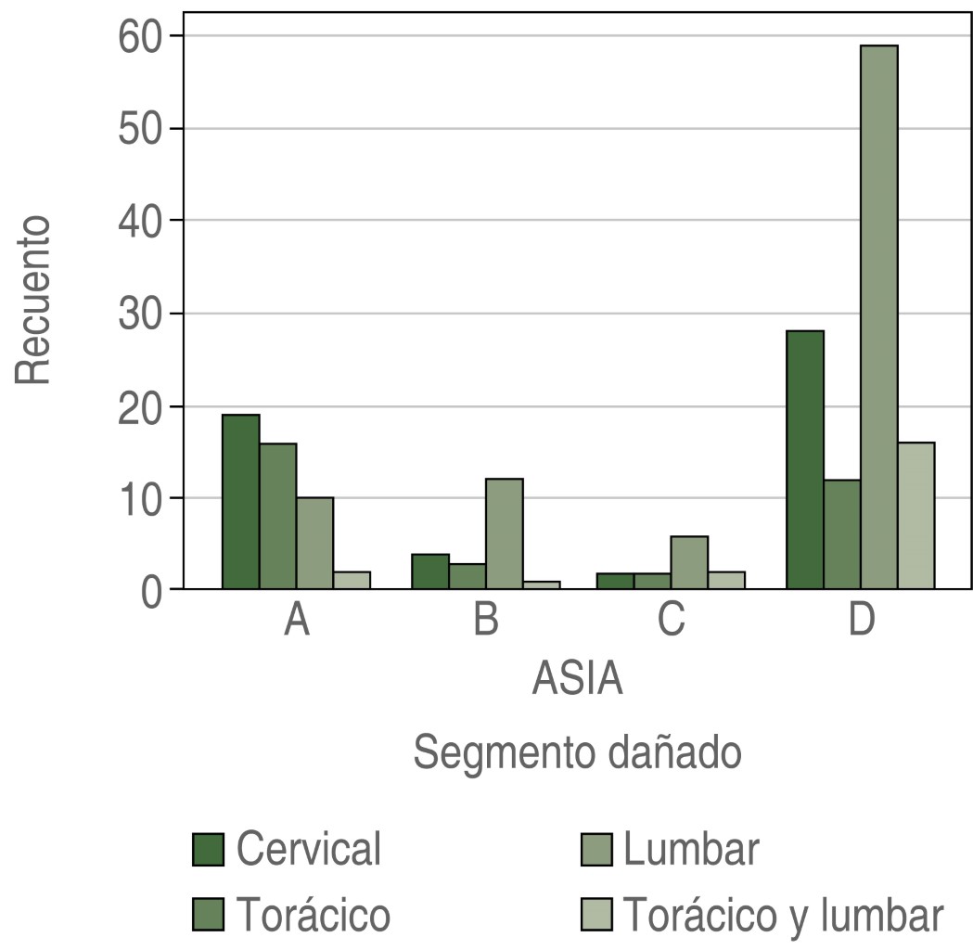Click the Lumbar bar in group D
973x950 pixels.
click(x=878, y=317)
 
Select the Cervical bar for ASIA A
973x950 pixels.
click(x=241, y=501)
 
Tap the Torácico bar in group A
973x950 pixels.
click(x=278, y=516)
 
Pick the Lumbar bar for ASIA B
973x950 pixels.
click(x=505, y=533)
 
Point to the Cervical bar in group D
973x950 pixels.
click(x=805, y=460)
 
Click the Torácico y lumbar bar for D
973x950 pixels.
click(x=915, y=516)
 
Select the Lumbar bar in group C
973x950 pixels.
click(x=689, y=563)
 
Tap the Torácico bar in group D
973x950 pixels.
click(x=842, y=534)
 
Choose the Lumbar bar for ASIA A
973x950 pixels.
click(x=314, y=543)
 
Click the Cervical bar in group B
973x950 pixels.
click(x=430, y=571)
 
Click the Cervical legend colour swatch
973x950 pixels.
click(x=208, y=850)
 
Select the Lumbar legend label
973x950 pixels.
click(x=691, y=849)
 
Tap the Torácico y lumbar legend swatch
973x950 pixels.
click(x=596, y=915)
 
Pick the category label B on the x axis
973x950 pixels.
click(x=486, y=619)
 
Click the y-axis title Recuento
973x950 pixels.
click(x=32, y=301)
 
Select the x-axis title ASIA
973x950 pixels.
click(x=577, y=678)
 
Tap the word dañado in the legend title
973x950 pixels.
click(x=674, y=752)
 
